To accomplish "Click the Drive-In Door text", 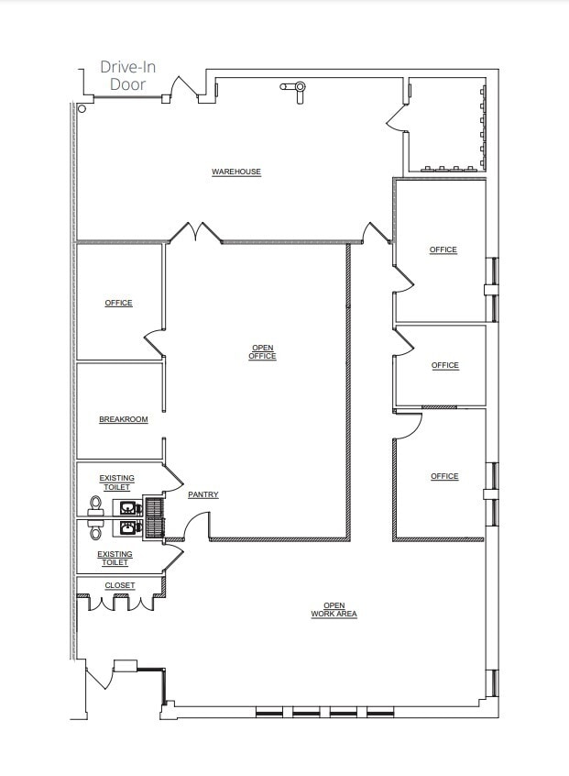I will [x=128, y=76].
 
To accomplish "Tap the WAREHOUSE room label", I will [x=236, y=172].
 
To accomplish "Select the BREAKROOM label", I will [x=123, y=419].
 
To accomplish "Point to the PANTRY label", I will [x=202, y=494].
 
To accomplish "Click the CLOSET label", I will [x=119, y=585].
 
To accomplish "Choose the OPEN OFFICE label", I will [x=262, y=351].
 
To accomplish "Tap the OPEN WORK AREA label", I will [x=334, y=609].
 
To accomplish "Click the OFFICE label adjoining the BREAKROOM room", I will [x=118, y=303].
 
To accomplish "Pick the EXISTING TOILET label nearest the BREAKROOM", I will [x=116, y=482].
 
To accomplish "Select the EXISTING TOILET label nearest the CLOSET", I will [x=115, y=558].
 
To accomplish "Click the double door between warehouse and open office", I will [x=195, y=233].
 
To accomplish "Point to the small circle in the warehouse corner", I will [x=82, y=108].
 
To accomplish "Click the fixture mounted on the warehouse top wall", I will [x=296, y=89].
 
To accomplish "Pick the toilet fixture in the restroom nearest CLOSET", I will [x=95, y=529].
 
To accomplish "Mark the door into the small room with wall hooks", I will [x=397, y=116].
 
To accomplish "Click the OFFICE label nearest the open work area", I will [x=444, y=476].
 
